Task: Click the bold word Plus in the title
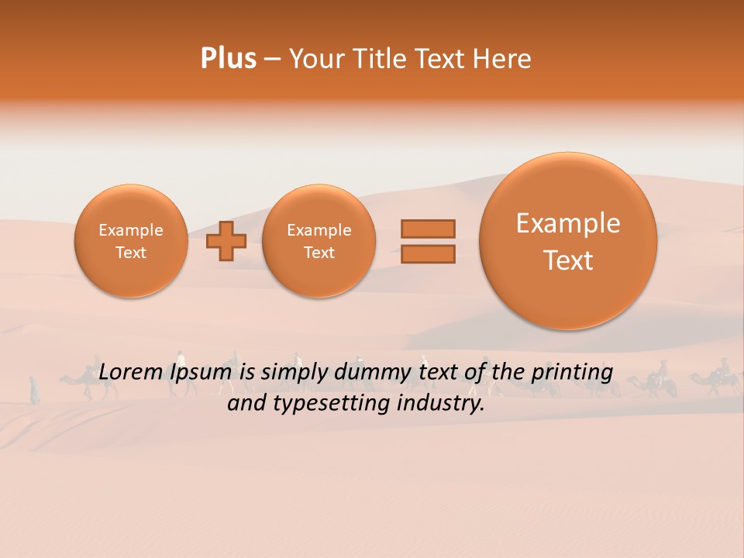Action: [228, 59]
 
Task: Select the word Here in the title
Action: [504, 59]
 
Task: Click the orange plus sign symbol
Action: [226, 241]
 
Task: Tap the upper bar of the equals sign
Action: [428, 229]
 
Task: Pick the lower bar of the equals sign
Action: [428, 254]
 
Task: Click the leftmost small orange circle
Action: [131, 241]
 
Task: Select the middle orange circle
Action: [319, 241]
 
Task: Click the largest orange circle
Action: [568, 241]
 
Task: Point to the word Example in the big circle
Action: [568, 223]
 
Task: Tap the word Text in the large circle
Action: [568, 260]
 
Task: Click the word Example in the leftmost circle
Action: [131, 230]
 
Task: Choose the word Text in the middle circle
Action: [319, 253]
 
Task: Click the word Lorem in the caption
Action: [132, 373]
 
